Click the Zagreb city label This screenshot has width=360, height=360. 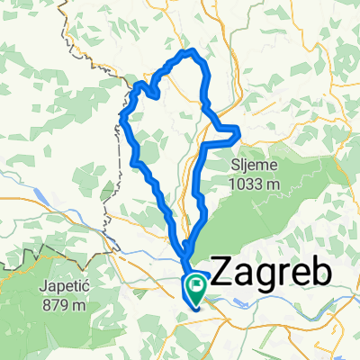point(270,274)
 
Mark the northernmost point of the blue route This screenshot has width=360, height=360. point(189,52)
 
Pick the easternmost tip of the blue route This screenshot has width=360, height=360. point(240,135)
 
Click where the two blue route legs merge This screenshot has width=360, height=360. point(184,253)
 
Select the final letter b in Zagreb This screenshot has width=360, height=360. point(320,274)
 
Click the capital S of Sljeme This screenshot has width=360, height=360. point(237,166)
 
